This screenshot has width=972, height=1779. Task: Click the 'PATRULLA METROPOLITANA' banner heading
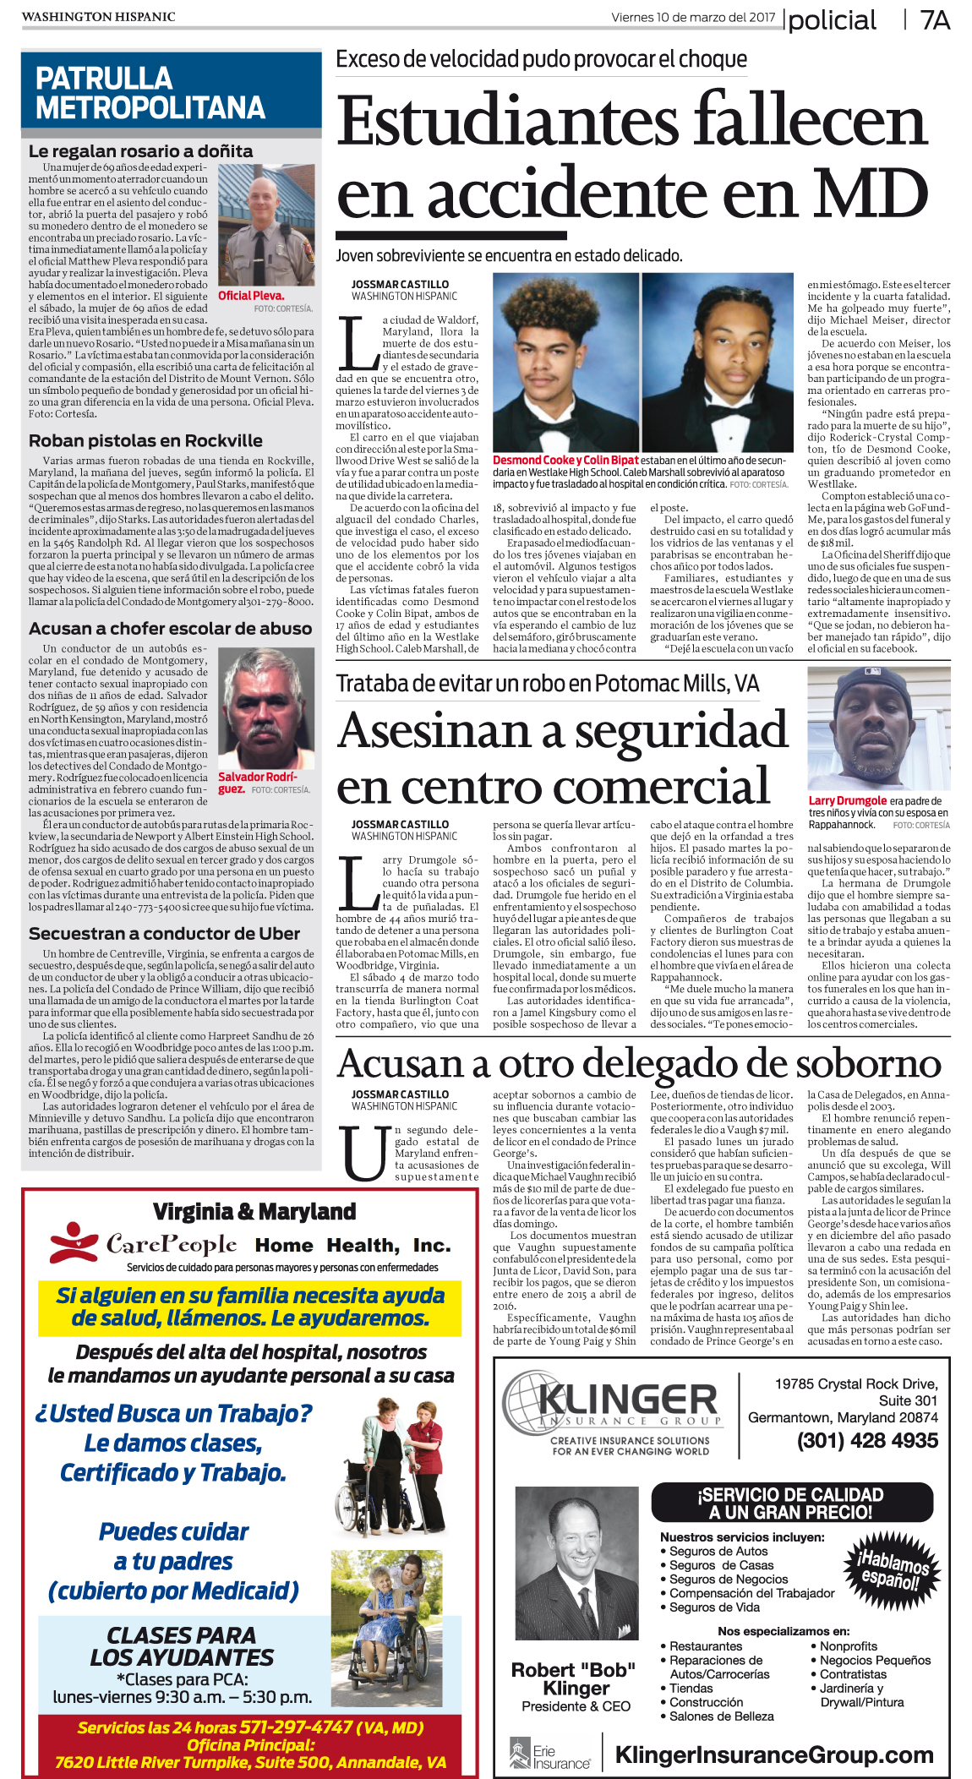[x=150, y=93]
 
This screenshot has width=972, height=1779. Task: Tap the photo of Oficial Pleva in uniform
[x=266, y=225]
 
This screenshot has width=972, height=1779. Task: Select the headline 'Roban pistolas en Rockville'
[x=145, y=440]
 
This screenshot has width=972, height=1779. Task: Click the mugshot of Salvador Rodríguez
[x=266, y=707]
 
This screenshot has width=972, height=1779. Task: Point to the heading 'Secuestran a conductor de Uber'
[x=164, y=934]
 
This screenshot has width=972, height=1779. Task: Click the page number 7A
[x=935, y=20]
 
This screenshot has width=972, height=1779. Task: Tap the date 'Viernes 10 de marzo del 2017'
[x=693, y=17]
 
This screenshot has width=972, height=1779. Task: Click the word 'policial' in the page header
[x=833, y=20]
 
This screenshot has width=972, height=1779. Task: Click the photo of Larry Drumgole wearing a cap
[x=879, y=728]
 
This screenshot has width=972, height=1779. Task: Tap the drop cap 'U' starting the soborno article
[x=363, y=1153]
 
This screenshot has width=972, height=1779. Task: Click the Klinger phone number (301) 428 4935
[x=867, y=1440]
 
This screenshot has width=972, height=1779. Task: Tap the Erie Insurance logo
[x=549, y=1755]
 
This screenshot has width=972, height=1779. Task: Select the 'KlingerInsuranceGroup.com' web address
[x=774, y=1755]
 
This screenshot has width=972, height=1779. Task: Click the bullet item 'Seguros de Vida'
[x=714, y=1607]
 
